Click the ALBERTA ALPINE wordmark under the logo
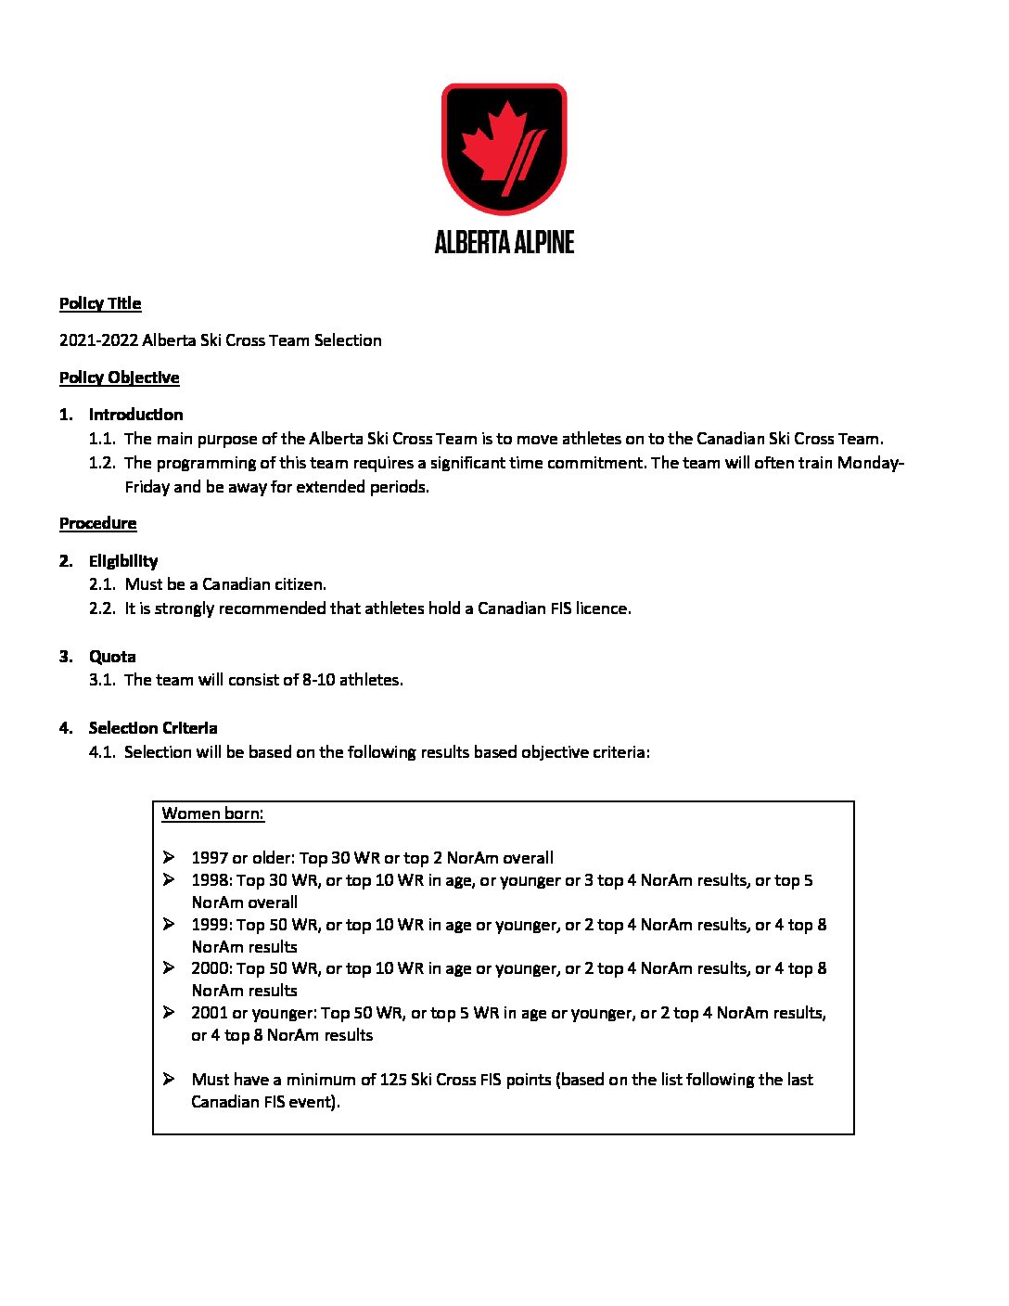[504, 242]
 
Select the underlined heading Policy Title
[100, 303]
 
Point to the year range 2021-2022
[98, 340]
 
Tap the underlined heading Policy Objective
[119, 378]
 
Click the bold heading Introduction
[135, 415]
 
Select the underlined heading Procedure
[97, 523]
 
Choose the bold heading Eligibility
[123, 561]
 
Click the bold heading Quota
[112, 657]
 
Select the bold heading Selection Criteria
[153, 728]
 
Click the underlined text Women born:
[212, 813]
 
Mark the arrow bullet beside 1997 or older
[169, 857]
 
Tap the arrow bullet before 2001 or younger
[169, 1012]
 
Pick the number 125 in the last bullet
[393, 1080]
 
